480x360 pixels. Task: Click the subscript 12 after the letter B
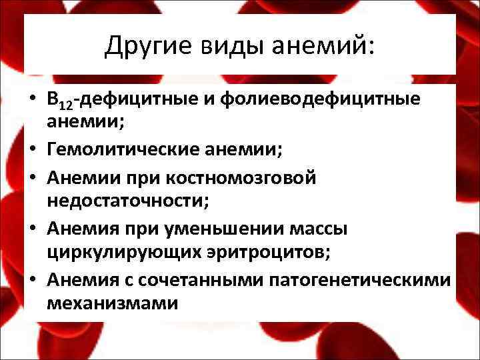[67, 105]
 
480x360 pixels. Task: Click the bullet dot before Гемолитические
[33, 153]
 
